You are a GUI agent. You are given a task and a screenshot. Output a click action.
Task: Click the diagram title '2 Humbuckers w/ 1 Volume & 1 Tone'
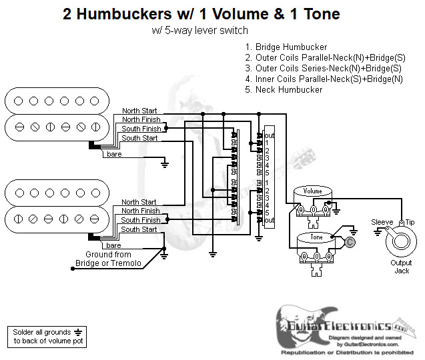click(201, 14)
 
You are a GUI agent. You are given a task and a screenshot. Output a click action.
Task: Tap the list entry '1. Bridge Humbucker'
click(286, 47)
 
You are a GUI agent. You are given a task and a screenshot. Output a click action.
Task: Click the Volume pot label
click(312, 191)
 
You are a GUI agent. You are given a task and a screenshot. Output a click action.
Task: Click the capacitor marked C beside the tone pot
click(350, 243)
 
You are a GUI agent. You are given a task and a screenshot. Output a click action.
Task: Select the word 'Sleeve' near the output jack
click(382, 222)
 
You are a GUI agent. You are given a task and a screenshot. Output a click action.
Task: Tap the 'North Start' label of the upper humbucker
click(139, 111)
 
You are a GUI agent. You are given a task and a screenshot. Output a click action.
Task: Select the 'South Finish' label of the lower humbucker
click(141, 220)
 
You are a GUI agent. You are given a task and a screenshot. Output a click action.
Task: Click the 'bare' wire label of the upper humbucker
click(113, 154)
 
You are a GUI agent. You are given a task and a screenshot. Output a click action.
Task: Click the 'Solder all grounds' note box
click(46, 336)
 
